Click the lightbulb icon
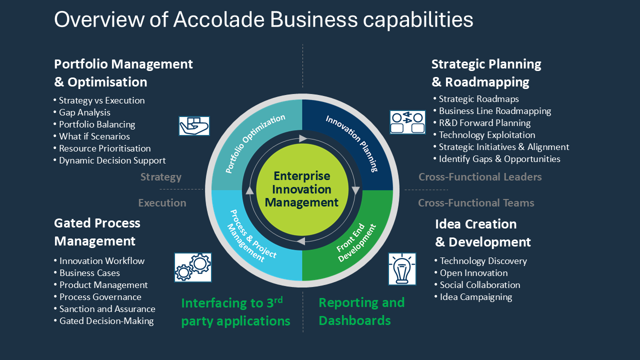point(402,269)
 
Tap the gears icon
point(193,267)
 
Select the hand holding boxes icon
point(194,125)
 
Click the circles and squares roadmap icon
point(407,122)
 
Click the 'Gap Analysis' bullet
point(82,112)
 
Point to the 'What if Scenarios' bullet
point(91,136)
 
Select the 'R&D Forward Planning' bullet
point(482,123)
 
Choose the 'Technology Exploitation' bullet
point(484,135)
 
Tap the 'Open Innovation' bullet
point(471,273)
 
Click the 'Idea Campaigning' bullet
point(473,297)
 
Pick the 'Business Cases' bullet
point(87,273)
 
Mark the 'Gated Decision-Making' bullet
point(103,321)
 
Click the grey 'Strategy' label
point(161,177)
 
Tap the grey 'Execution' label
point(162,203)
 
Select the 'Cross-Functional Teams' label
point(476,203)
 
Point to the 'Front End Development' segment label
point(356,242)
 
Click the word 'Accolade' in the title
point(219,19)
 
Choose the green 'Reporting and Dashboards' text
point(361,311)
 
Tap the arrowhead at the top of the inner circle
point(303,138)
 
